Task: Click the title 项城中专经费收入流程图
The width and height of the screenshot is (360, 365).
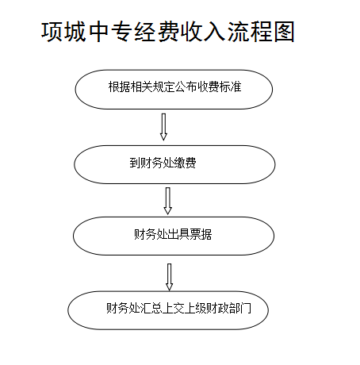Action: (168, 32)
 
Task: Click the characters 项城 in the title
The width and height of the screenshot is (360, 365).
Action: (63, 32)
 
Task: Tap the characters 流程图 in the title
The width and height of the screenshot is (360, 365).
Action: (261, 32)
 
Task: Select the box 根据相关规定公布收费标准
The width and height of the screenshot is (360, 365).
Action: (174, 90)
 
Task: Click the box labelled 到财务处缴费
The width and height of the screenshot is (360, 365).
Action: (174, 164)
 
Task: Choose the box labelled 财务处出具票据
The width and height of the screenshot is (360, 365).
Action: (174, 236)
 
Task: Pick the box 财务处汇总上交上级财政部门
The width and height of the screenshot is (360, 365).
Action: (168, 310)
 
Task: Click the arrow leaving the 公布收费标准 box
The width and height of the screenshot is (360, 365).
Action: (163, 127)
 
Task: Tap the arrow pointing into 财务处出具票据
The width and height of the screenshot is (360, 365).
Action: (168, 201)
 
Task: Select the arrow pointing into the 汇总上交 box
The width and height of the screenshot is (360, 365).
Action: (169, 277)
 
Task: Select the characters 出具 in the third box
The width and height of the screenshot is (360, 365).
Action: (178, 234)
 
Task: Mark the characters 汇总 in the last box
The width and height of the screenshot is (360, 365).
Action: (151, 308)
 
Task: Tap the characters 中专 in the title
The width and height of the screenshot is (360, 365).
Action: (111, 32)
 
